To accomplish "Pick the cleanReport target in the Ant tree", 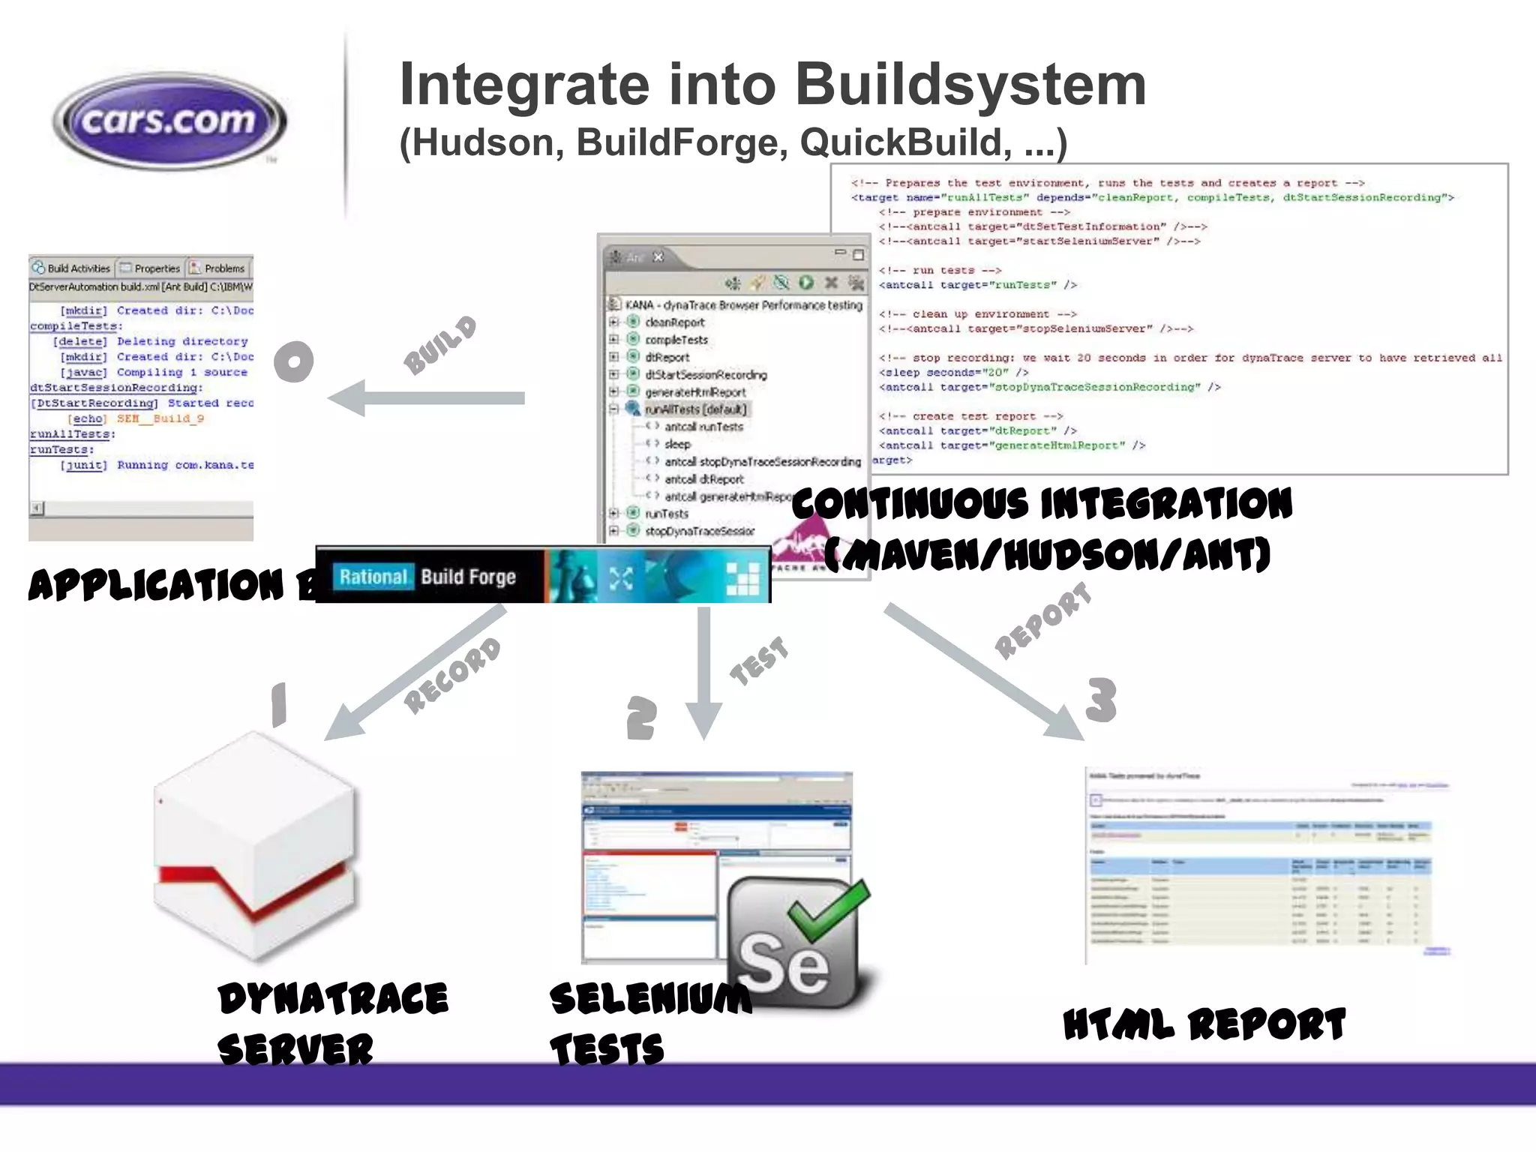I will pyautogui.click(x=674, y=322).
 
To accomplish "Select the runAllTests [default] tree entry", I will pyautogui.click(x=695, y=409).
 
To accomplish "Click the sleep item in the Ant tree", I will pyautogui.click(x=676, y=444).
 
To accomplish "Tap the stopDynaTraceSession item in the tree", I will pyautogui.click(x=699, y=531).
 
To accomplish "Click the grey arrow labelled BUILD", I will pyautogui.click(x=427, y=398).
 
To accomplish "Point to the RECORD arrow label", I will pyautogui.click(x=452, y=675).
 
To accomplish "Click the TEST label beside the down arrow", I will pyautogui.click(x=759, y=660).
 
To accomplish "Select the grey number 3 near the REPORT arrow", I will pyautogui.click(x=1101, y=700).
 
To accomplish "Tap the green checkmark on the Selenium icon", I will pyautogui.click(x=829, y=909).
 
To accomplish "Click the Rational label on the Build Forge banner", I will pyautogui.click(x=373, y=577).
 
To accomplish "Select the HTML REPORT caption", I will pyautogui.click(x=1204, y=1025).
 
